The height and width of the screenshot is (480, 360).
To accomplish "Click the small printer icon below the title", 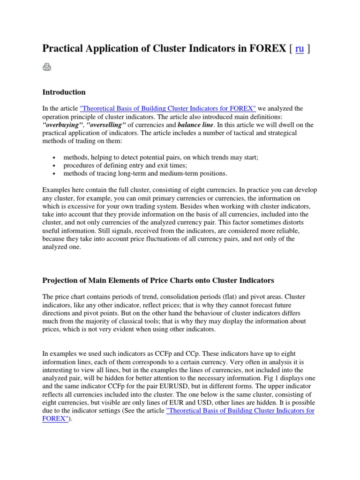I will point(47,68).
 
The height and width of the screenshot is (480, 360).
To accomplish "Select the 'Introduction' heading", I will point(64,92).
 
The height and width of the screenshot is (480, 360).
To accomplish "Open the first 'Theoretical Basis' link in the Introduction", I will point(168,108).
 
